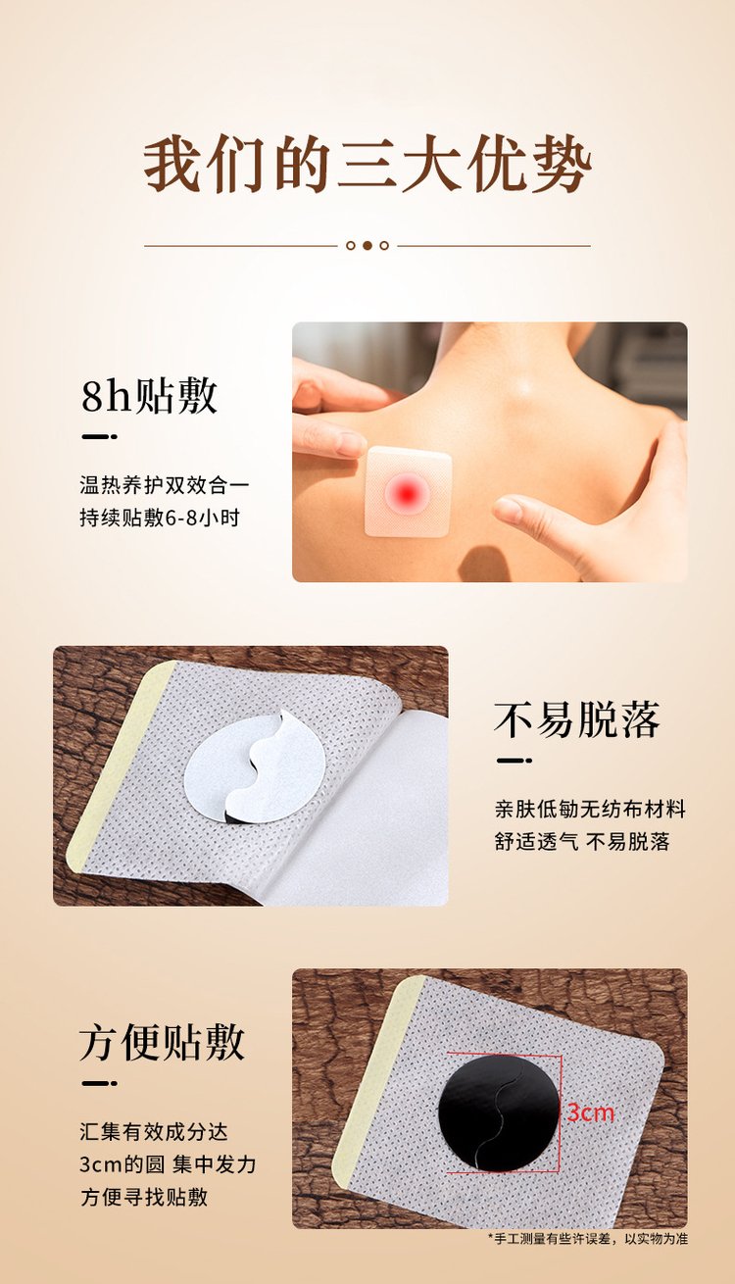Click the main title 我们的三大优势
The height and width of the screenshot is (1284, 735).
[367, 165]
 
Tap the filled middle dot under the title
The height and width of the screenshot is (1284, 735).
[367, 245]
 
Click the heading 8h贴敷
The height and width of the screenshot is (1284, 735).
[150, 396]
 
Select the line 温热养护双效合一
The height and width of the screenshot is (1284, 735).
[165, 485]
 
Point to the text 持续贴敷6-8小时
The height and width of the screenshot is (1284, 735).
[160, 518]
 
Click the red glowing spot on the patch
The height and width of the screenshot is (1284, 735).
[407, 491]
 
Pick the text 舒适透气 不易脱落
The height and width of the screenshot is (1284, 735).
[582, 842]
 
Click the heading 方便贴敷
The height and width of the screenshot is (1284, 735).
[163, 1043]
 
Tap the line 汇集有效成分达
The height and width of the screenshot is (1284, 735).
[154, 1131]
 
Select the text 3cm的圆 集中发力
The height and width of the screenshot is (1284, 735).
[168, 1164]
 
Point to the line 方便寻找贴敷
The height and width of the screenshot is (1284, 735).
[144, 1197]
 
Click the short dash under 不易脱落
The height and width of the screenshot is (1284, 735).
[514, 761]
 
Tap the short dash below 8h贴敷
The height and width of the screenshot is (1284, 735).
[100, 437]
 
